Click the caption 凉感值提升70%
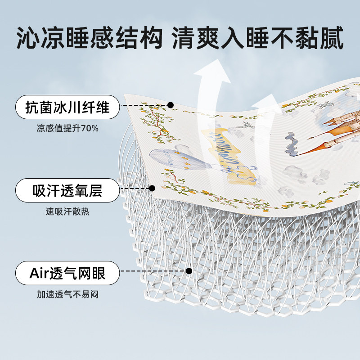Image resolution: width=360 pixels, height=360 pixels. click(x=67, y=128)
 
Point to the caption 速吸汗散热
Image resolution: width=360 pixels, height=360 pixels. click(x=67, y=211)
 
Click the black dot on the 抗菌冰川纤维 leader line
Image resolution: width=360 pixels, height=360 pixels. click(x=171, y=105)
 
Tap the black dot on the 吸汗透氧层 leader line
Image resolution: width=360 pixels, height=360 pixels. click(x=152, y=188)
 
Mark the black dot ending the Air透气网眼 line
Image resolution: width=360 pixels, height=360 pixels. click(x=189, y=271)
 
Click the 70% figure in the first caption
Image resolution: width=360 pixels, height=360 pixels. click(x=90, y=128)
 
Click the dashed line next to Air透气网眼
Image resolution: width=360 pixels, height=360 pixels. click(x=153, y=271)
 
